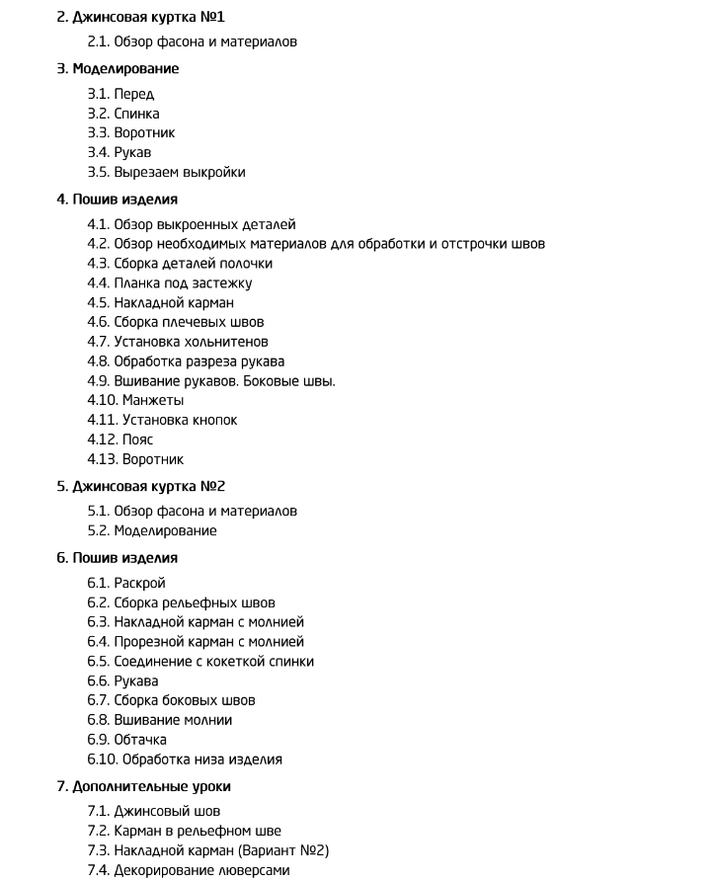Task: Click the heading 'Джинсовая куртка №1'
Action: point(148,17)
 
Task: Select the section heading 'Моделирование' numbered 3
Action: point(125,69)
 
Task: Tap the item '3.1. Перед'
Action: point(120,94)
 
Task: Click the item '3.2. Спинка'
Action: point(123,114)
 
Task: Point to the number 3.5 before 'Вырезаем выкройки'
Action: point(98,172)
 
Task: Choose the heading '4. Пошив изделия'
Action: point(117,200)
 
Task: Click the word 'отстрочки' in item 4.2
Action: point(474,244)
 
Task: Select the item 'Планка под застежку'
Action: point(183,283)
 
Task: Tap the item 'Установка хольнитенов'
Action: point(191,342)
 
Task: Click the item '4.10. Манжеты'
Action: point(135,400)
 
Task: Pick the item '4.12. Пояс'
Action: point(120,440)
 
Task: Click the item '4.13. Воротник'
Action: point(135,459)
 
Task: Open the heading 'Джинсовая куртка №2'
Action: point(148,486)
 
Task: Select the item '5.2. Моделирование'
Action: point(152,530)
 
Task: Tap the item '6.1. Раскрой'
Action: point(126,583)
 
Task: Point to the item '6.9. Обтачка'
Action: point(126,740)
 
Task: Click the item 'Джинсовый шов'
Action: point(167,811)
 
